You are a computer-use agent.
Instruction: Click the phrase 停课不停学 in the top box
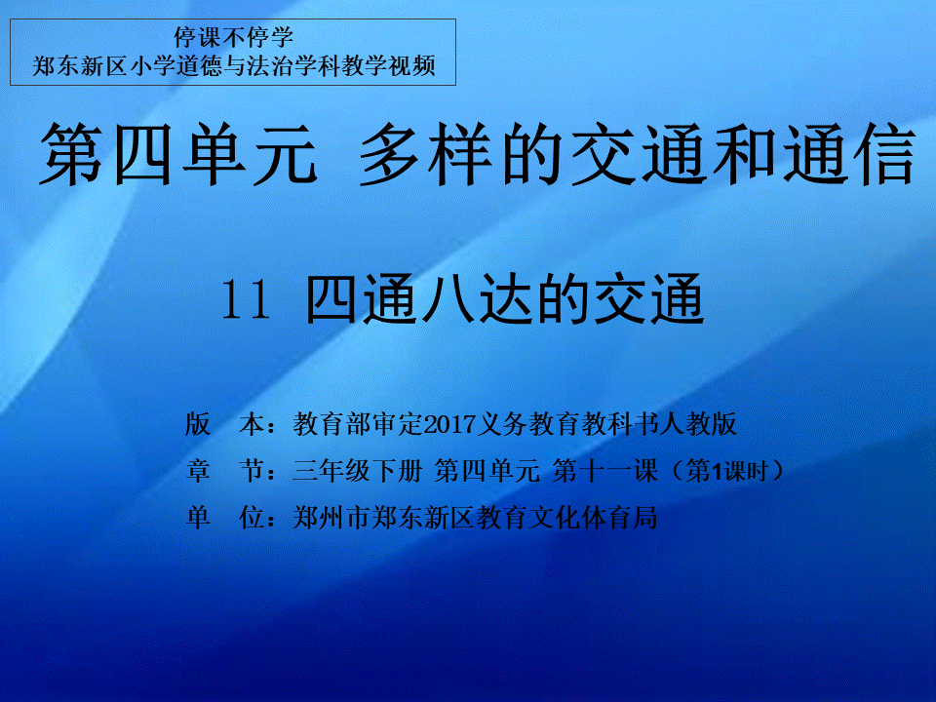click(233, 38)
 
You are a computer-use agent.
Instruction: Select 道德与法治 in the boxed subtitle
click(234, 65)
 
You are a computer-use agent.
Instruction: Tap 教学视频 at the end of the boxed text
click(389, 65)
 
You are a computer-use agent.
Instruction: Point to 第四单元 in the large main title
click(177, 154)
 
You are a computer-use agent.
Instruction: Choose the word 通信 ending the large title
click(850, 154)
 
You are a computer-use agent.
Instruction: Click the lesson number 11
click(246, 300)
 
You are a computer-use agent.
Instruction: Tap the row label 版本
click(225, 424)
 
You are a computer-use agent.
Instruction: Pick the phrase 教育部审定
click(358, 424)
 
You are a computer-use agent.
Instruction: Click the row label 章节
click(225, 471)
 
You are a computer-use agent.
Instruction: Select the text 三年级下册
click(358, 471)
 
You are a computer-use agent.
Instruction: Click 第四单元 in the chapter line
click(487, 471)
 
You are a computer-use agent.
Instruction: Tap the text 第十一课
click(604, 471)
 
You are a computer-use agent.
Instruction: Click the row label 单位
click(225, 518)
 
